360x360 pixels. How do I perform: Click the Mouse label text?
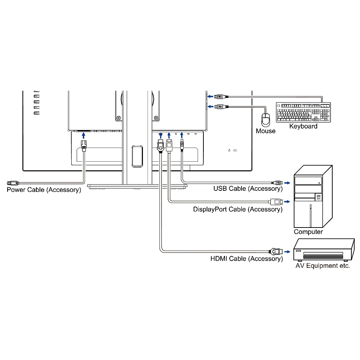[x=266, y=131]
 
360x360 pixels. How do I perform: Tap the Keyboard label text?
[x=303, y=126]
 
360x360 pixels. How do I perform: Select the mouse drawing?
[x=266, y=119]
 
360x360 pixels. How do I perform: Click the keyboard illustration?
[x=303, y=112]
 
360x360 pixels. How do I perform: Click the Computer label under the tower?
[x=308, y=232]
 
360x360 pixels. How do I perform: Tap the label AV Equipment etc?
[x=323, y=266]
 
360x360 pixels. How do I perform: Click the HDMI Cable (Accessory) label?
[x=247, y=258]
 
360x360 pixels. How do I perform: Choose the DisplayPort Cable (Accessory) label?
[x=238, y=209]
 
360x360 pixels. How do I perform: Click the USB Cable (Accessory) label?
[x=248, y=189]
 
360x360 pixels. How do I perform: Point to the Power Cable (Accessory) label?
[x=44, y=190]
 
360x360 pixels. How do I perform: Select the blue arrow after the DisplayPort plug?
[x=287, y=201]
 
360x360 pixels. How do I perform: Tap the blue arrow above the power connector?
[x=84, y=135]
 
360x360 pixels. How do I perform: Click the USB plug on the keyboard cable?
[x=220, y=96]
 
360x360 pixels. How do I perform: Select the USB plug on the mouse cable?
[x=220, y=107]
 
